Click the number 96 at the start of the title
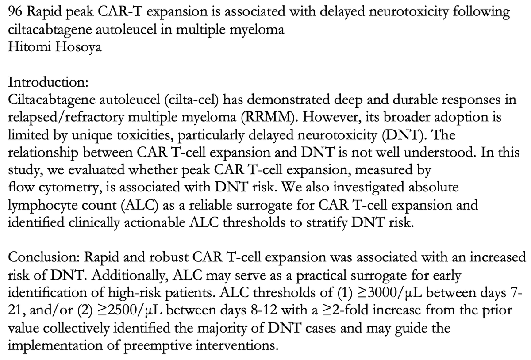(15, 12)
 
